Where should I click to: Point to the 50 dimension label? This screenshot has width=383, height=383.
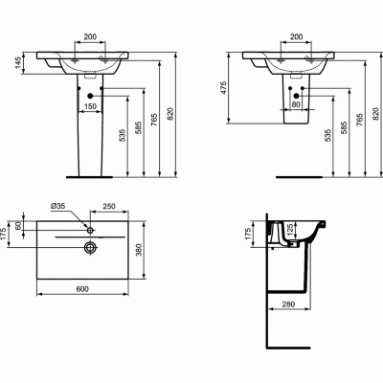(17, 226)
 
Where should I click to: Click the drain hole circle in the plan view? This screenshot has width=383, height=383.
(90, 247)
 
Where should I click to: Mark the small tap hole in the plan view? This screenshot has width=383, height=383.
(89, 230)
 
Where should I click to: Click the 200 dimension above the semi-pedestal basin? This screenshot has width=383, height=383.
(296, 35)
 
